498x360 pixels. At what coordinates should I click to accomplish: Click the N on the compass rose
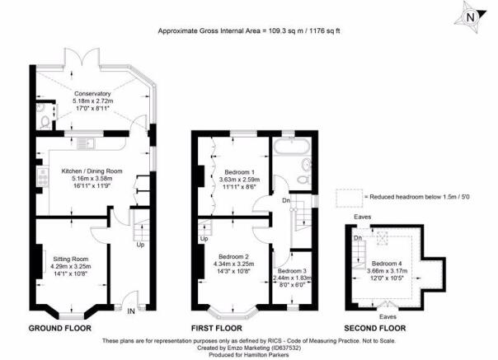[471, 18]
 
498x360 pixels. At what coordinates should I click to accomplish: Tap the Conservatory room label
[92, 94]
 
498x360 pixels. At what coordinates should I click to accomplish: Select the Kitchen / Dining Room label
[92, 171]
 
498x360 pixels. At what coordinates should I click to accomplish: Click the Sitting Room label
[71, 259]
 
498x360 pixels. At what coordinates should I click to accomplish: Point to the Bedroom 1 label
[239, 172]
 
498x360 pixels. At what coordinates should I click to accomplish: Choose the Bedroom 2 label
[234, 256]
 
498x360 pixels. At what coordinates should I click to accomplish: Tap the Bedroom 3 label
[292, 271]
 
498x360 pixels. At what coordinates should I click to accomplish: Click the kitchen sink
[87, 143]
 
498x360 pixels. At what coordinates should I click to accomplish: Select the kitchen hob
[43, 177]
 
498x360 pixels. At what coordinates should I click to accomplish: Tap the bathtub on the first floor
[291, 147]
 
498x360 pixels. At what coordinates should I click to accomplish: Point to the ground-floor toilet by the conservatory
[45, 122]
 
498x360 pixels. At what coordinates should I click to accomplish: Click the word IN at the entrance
[131, 311]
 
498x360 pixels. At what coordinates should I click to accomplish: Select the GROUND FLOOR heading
[60, 328]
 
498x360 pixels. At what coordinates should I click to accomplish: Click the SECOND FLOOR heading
[375, 328]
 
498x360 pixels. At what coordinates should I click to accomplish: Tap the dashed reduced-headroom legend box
[349, 198]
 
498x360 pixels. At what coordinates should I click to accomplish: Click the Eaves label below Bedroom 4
[388, 316]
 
